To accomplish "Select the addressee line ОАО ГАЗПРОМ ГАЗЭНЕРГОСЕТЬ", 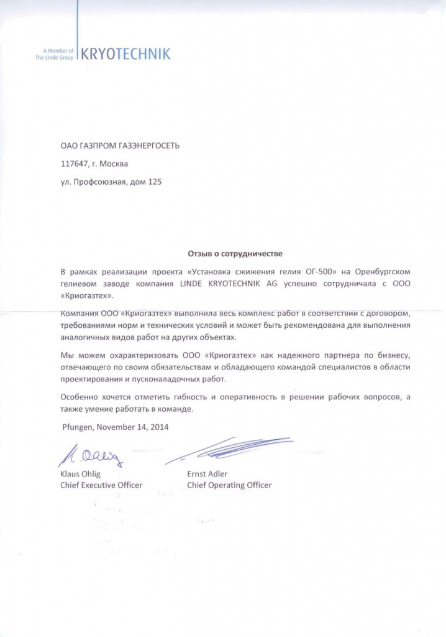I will [x=120, y=146].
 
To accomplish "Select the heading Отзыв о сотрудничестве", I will [x=235, y=254].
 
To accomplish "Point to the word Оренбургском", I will [x=383, y=272].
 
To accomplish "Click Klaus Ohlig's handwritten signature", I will [x=91, y=456].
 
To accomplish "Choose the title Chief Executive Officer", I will [x=101, y=485].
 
